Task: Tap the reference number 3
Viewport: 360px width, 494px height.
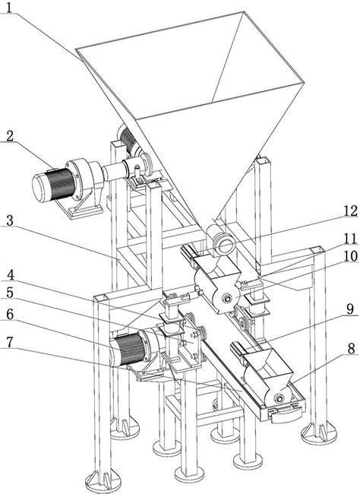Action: tap(9, 221)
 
